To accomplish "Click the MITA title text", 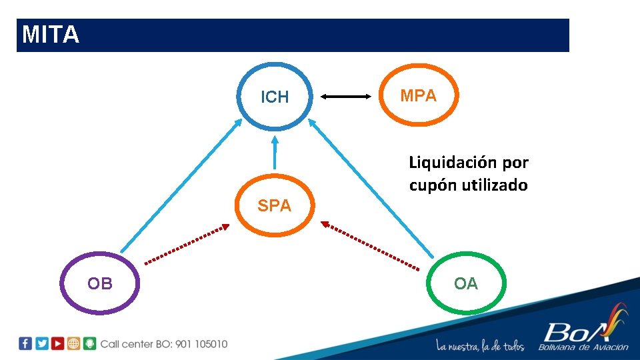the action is click(x=51, y=35).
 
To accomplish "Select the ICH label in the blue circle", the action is click(x=275, y=97).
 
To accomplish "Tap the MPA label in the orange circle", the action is click(x=418, y=96).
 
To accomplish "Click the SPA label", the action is click(x=275, y=206).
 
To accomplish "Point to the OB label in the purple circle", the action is click(x=100, y=284).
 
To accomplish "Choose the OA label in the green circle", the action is click(x=466, y=284).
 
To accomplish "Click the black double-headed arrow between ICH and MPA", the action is click(x=345, y=97).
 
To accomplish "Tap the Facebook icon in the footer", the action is click(x=25, y=344).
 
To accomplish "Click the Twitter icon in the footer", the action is click(x=41, y=344).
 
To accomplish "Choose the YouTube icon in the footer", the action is click(x=57, y=344).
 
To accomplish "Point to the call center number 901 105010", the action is click(x=201, y=344).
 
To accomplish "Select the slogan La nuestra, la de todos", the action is click(x=480, y=346).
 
